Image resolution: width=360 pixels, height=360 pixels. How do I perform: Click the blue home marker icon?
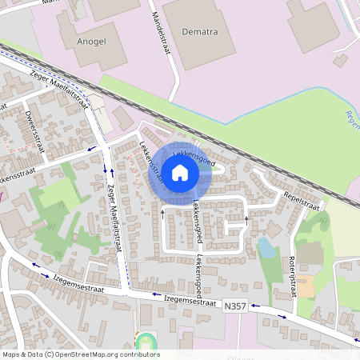[x=180, y=172]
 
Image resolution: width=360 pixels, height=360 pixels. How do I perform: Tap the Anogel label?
[x=90, y=39]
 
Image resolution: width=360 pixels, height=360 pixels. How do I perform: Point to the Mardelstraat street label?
[x=162, y=25]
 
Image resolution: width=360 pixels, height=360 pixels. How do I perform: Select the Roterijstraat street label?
[x=291, y=274]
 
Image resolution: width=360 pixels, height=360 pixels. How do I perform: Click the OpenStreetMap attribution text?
[x=80, y=354]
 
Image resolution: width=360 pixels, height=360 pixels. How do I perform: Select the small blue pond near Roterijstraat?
[x=266, y=247]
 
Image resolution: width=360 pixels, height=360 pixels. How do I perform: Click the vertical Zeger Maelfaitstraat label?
[x=114, y=221]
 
